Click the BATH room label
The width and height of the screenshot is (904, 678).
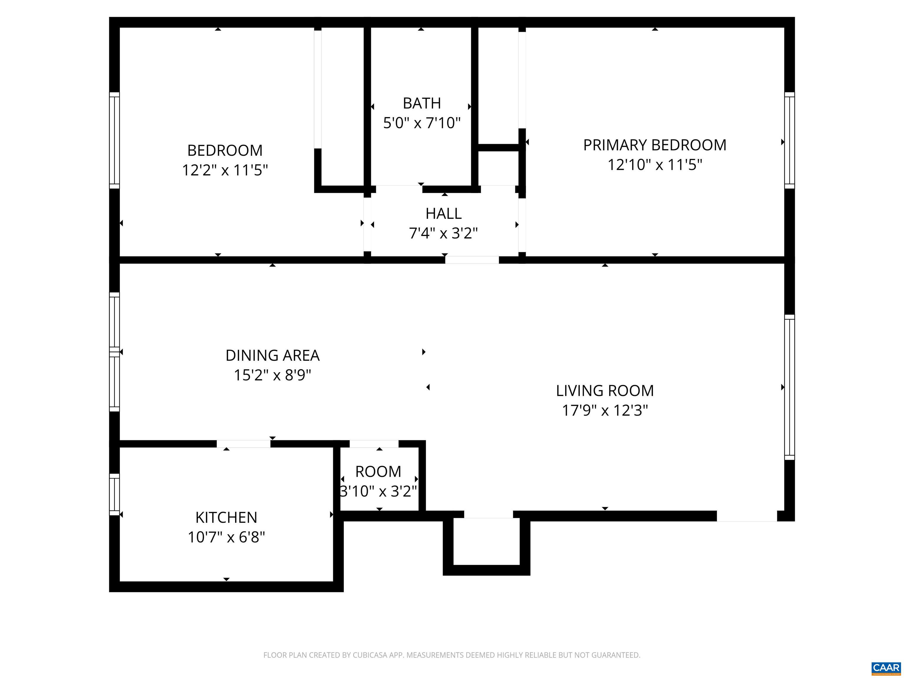coord(421,103)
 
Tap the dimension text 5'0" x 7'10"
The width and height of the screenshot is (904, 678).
coord(421,123)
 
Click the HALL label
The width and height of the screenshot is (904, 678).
coord(443,213)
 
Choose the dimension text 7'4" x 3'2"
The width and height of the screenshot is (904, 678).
coord(443,233)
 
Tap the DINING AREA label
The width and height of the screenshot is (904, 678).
coord(272,355)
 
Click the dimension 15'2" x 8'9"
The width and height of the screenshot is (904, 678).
coord(272,375)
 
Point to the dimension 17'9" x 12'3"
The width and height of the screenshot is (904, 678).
coord(604,410)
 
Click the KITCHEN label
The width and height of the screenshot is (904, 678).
coord(226,517)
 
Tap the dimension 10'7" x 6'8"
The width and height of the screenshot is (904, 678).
coord(226,537)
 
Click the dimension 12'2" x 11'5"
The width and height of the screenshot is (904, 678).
coord(225,169)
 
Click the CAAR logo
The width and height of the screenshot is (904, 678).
coord(886,667)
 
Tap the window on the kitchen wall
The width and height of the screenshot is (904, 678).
coord(114,494)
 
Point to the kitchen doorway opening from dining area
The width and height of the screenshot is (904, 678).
coord(243,444)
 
